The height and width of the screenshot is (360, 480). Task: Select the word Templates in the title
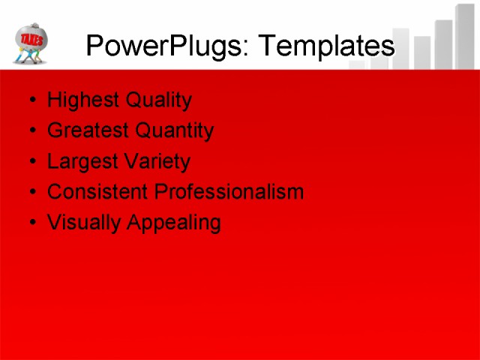point(326,46)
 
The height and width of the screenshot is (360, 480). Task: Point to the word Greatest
point(84,130)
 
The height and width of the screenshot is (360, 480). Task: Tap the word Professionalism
point(229,192)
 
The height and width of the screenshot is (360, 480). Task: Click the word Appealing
point(173,223)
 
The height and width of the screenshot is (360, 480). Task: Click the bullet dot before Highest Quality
point(30,100)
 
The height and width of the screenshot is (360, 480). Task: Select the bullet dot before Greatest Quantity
point(30,131)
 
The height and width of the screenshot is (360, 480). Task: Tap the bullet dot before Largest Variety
point(30,162)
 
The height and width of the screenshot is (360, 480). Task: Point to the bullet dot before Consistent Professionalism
point(30,193)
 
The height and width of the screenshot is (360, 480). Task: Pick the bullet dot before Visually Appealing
point(30,223)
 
